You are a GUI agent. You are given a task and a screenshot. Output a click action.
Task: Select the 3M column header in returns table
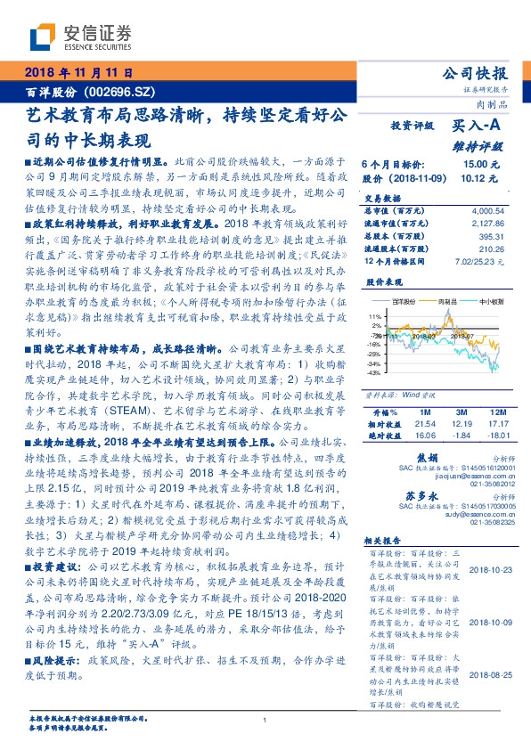pyautogui.click(x=461, y=412)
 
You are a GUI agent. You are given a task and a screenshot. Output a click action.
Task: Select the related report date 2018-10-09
pyautogui.click(x=488, y=624)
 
